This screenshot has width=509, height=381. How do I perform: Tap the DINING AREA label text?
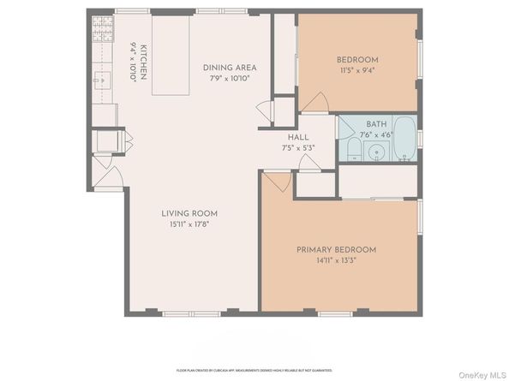(229, 68)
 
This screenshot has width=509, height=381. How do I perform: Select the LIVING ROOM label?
(189, 213)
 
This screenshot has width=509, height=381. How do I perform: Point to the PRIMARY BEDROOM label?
(336, 249)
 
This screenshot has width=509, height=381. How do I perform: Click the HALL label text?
(297, 137)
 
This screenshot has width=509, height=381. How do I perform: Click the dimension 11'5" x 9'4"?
(357, 70)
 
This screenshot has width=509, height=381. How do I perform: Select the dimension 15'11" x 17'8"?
(189, 224)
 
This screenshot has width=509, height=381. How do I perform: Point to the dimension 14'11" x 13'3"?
(336, 260)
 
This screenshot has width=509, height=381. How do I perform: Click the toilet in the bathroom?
(352, 152)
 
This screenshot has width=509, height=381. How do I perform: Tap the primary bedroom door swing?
(276, 182)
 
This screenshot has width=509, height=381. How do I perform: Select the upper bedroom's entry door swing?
(312, 102)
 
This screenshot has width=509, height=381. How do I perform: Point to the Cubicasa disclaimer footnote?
(254, 370)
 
